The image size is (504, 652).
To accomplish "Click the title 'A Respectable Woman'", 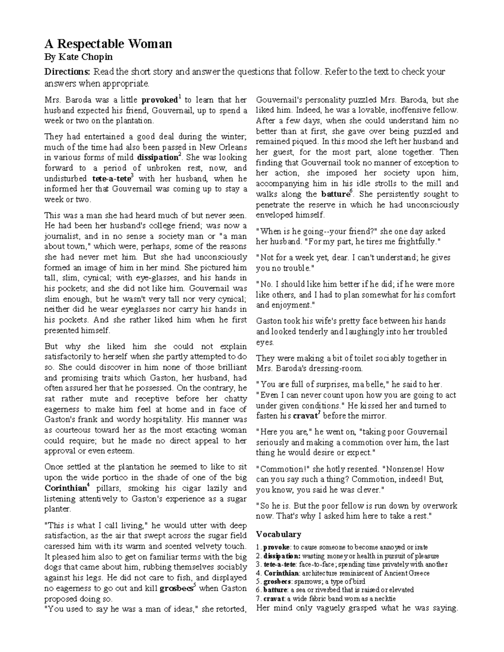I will coord(108,44).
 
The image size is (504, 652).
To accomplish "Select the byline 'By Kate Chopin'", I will coord(79,57).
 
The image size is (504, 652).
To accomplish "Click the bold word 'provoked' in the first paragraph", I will coord(160,100).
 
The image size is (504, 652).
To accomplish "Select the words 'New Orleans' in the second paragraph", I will coord(223,147).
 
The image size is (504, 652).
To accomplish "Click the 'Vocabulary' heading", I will coord(278,534).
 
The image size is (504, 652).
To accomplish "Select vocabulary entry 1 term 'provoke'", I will coord(276,547).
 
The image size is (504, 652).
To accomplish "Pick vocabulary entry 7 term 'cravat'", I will coord(273,599).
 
